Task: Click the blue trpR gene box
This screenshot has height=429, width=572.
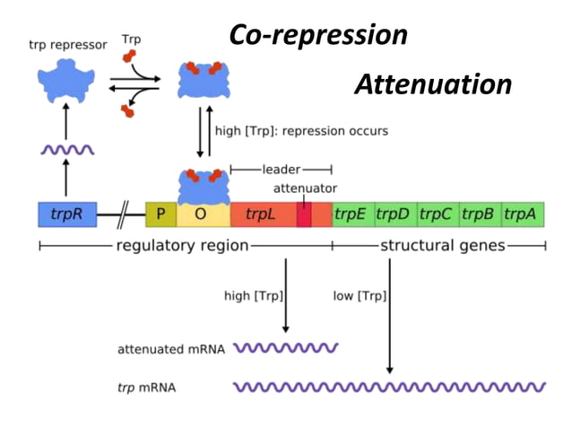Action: [67, 214]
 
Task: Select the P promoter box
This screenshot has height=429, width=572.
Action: [160, 214]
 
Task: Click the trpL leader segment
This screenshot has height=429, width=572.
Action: [261, 214]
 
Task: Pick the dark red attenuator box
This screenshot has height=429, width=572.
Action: [304, 214]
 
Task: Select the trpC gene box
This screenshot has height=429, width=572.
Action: [437, 214]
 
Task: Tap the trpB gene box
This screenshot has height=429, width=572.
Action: [479, 214]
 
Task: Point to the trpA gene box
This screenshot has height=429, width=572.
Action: [522, 214]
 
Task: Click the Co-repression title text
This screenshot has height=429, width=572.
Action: [318, 35]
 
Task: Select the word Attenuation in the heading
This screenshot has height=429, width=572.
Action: [432, 84]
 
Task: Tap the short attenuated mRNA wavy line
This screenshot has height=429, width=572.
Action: [285, 347]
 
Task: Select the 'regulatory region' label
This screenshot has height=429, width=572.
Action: [182, 246]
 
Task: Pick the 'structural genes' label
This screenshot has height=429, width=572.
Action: [443, 246]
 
